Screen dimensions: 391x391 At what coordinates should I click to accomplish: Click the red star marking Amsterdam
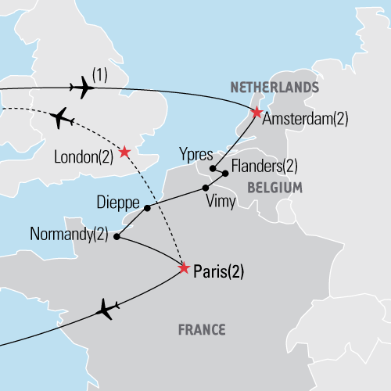tap(256, 113)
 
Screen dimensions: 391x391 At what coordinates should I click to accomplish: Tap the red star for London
tap(124, 151)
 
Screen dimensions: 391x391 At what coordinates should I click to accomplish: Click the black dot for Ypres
tap(213, 167)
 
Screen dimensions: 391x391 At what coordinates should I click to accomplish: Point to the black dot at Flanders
tap(225, 174)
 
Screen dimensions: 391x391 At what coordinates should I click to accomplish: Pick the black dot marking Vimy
tap(206, 188)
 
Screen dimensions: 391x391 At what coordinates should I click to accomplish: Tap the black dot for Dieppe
tap(146, 207)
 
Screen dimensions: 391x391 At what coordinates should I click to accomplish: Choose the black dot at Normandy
tap(117, 235)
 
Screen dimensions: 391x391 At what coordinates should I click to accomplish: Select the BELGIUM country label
tap(274, 188)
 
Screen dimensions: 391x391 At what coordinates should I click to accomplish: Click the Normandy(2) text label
tap(68, 233)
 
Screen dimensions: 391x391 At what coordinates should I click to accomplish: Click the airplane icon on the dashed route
tap(63, 119)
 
